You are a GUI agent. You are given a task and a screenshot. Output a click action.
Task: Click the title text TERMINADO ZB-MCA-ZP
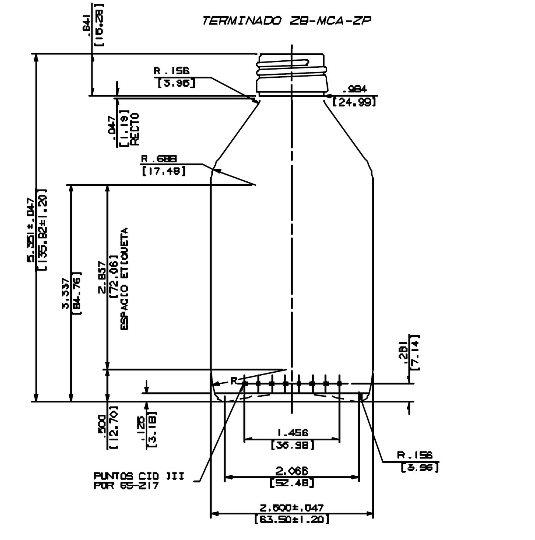[286, 21]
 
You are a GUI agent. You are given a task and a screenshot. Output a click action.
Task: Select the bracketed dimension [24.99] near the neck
[354, 102]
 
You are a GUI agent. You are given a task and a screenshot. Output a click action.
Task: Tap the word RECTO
[134, 128]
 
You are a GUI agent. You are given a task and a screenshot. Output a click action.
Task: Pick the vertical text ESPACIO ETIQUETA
[124, 279]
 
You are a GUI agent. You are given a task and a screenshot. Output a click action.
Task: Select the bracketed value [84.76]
[78, 293]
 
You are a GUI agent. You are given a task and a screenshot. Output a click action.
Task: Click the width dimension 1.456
[292, 432]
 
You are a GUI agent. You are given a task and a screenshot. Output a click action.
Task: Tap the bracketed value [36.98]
[292, 445]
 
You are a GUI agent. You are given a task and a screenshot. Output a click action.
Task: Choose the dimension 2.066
[292, 471]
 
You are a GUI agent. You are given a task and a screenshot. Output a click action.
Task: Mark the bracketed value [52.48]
[292, 483]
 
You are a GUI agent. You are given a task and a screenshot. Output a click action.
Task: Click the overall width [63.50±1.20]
[292, 519]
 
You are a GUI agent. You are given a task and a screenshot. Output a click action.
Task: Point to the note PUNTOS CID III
[139, 476]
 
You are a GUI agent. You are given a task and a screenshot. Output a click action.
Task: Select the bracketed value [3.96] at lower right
[420, 467]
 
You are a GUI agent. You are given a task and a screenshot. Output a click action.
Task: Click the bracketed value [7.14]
[416, 352]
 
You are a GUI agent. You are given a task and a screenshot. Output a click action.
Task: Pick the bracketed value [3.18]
[152, 430]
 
